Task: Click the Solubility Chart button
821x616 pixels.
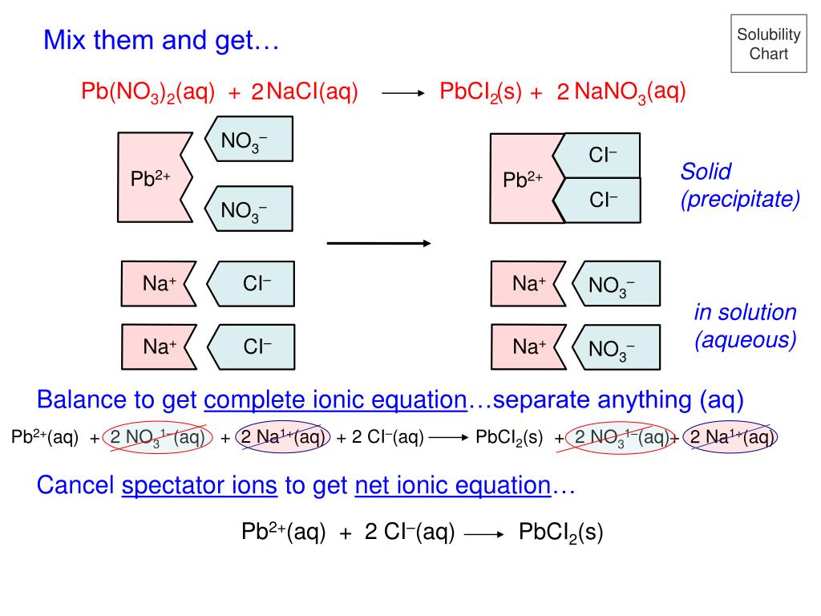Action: click(769, 44)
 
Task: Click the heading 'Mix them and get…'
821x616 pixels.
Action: click(160, 39)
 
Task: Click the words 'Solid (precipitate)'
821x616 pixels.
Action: click(739, 185)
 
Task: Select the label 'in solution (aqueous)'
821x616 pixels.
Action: click(745, 326)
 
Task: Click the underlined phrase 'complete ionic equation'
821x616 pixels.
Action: click(335, 399)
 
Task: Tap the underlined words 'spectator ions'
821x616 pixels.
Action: click(200, 485)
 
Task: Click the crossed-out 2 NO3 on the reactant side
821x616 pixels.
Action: click(158, 437)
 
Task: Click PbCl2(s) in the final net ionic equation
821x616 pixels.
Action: click(560, 532)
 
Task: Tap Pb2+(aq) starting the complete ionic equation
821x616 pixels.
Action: click(45, 437)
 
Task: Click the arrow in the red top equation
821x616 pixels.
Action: click(402, 94)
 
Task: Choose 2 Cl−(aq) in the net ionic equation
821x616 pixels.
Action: click(410, 532)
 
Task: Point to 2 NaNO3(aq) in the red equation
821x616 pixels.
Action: click(622, 92)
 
